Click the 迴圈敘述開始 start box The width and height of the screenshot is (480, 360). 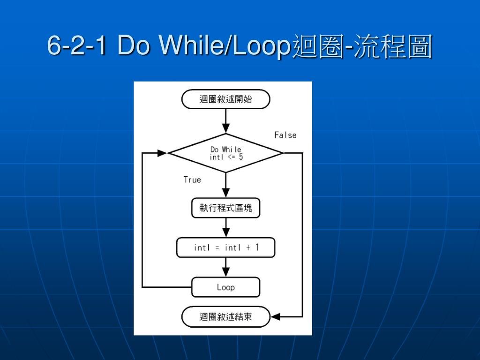[x=225, y=99]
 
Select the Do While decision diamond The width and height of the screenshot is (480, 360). [x=225, y=153]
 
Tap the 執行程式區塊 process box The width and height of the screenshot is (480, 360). [x=225, y=208]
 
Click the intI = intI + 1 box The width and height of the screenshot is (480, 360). [x=225, y=247]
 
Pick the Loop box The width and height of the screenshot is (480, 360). [x=225, y=287]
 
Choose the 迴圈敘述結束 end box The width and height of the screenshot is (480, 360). [x=225, y=317]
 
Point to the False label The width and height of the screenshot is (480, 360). [x=285, y=135]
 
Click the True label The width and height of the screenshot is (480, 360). [x=192, y=180]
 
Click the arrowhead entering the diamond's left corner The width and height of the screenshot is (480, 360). [x=162, y=153]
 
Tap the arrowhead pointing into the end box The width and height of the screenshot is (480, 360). [x=276, y=317]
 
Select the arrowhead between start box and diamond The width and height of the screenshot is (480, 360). [x=225, y=127]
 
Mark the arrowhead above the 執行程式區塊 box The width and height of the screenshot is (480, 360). [x=225, y=192]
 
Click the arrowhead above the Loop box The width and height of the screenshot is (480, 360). [x=225, y=271]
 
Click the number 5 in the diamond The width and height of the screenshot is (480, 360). [x=240, y=157]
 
